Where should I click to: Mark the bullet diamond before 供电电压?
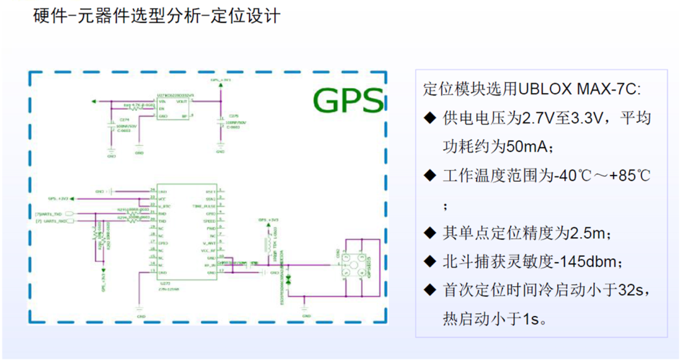coord(430,118)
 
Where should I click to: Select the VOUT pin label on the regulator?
coord(181,101)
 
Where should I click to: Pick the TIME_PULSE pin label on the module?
coord(205,205)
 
